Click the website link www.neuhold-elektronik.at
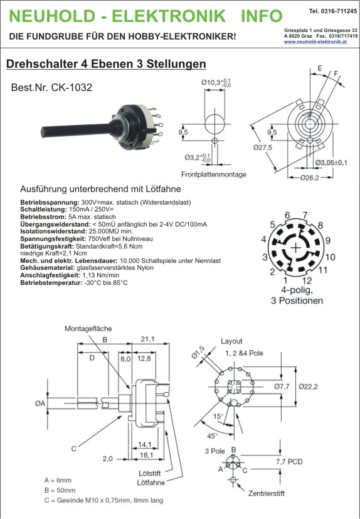[x=315, y=41]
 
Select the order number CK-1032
[x=71, y=87]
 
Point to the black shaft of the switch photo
[x=76, y=130]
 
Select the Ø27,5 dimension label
[x=263, y=147]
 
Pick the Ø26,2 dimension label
[x=310, y=178]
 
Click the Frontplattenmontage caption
[x=214, y=174]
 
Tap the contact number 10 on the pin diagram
[x=330, y=257]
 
